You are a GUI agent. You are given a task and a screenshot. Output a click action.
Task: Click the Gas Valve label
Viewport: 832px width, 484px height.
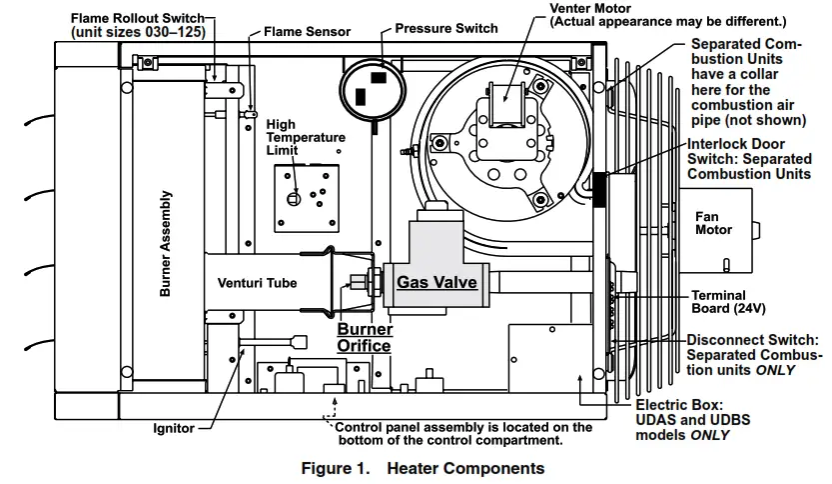point(436,282)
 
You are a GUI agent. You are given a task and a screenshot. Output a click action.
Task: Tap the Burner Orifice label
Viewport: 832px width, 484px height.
point(365,337)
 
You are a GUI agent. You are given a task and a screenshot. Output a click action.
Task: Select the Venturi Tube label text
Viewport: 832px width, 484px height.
point(257,283)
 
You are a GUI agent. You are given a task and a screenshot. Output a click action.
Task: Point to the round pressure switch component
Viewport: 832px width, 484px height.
point(372,90)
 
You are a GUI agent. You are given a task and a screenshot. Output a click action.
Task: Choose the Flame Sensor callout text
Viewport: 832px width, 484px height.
point(307,32)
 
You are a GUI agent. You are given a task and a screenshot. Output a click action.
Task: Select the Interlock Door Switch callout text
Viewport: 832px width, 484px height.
point(749,159)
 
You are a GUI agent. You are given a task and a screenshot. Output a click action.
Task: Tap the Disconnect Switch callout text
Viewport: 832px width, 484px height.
point(756,355)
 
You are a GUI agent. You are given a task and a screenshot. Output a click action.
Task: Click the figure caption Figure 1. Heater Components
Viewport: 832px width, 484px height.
point(422,468)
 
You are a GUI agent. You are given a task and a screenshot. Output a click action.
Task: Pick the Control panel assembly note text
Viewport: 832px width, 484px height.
point(463,433)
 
